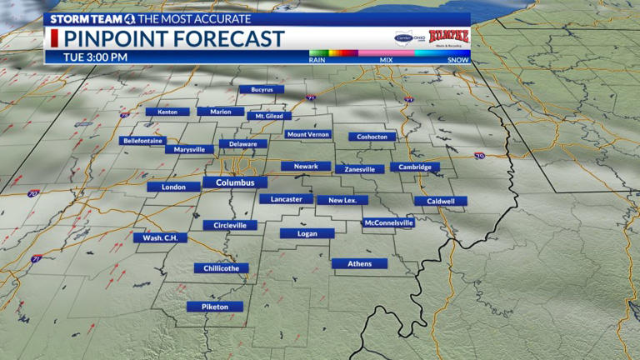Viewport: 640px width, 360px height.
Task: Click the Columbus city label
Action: click(235, 182)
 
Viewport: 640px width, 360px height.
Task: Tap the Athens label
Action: click(359, 263)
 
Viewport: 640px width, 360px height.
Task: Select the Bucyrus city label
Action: click(261, 89)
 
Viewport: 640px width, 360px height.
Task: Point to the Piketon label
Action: click(214, 307)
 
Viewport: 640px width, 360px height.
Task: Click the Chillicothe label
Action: click(221, 268)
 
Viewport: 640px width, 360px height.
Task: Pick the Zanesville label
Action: click(359, 169)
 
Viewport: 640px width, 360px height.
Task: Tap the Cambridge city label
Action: click(414, 167)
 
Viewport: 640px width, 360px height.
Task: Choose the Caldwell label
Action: click(440, 201)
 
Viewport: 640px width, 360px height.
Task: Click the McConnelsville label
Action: click(387, 222)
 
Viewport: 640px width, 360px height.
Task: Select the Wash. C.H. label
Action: click(160, 237)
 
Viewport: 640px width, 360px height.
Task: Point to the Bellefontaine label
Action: click(142, 141)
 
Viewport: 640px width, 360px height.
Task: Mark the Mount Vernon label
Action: click(307, 134)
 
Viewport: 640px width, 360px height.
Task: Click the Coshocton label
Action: click(372, 137)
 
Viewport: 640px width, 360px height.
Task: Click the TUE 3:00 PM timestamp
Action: click(96, 57)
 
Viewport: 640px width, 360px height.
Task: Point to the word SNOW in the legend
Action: click(457, 60)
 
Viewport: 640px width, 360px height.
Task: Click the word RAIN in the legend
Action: click(317, 60)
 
